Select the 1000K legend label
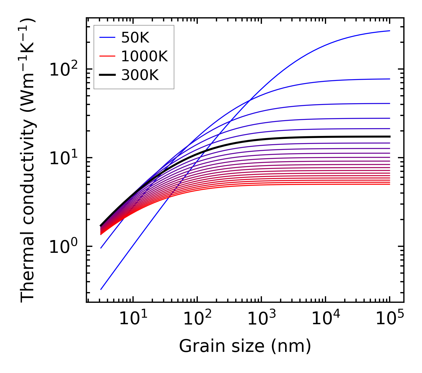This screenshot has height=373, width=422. point(145,56)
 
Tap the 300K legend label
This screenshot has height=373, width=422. point(140,75)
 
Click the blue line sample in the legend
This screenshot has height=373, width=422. point(107,37)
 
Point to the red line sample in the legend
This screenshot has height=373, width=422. point(107,56)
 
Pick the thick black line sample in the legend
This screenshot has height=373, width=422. point(107,75)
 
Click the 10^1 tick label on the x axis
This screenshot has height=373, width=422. point(133,319)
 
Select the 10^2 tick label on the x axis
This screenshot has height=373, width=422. point(197,319)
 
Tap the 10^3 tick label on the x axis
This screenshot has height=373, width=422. point(261,319)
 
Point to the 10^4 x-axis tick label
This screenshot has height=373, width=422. point(325,319)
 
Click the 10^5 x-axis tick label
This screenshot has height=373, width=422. point(390,319)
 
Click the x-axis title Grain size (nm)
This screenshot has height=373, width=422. point(245,346)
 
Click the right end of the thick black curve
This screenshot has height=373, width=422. point(390,137)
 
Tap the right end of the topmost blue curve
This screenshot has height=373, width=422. point(390,31)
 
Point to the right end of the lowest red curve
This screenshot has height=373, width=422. point(390,184)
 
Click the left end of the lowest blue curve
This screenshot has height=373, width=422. point(101,289)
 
